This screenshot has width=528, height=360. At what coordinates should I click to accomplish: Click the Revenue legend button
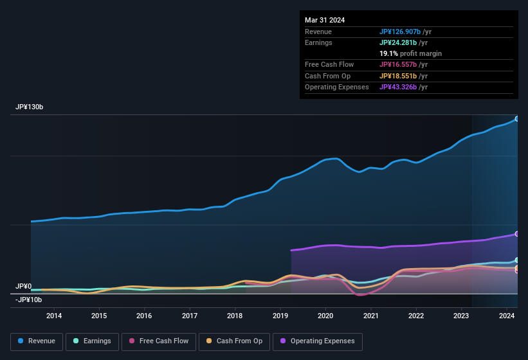[37, 341]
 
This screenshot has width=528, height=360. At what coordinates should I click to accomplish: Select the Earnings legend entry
[91, 341]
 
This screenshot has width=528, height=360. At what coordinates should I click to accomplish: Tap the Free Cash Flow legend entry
[158, 341]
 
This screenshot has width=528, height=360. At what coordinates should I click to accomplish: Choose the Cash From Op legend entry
[234, 341]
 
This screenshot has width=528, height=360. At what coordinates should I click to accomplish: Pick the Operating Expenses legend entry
[317, 341]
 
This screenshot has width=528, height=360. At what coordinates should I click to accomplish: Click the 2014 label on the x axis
[54, 316]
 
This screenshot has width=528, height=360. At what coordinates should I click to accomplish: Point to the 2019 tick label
[280, 316]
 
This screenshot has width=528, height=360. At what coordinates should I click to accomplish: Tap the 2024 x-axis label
[507, 316]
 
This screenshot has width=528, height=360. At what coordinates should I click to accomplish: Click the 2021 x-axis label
[371, 316]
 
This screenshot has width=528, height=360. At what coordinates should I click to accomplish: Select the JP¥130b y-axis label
[29, 107]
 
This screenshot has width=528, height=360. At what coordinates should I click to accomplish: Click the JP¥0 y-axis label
[24, 286]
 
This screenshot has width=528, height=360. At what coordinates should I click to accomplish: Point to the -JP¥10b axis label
[28, 300]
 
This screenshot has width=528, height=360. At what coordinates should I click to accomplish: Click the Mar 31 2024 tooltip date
[325, 20]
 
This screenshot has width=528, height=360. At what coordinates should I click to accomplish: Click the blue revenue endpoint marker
[516, 119]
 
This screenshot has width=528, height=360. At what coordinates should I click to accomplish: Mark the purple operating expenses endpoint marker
[516, 234]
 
